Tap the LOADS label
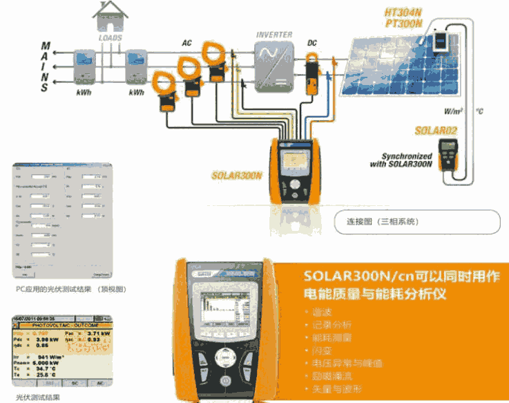pyautogui.click(x=111, y=39)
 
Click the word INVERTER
pyautogui.click(x=274, y=35)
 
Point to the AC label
pyautogui.click(x=186, y=43)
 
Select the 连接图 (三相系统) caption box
pyautogui.click(x=423, y=223)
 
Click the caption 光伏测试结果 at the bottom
pyautogui.click(x=39, y=397)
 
